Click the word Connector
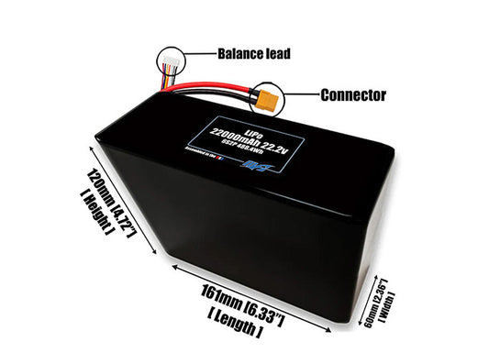[x=352, y=94]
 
